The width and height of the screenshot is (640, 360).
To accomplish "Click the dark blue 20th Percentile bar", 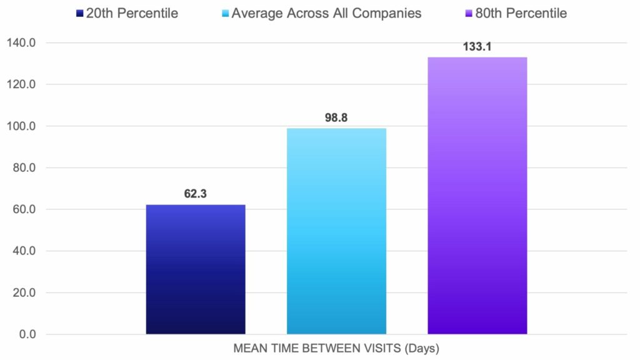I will [x=196, y=269].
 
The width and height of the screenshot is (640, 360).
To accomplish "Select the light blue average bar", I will [x=336, y=231].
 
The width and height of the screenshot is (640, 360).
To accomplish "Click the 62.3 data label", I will [x=196, y=194].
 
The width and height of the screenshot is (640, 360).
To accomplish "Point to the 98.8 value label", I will [x=336, y=117].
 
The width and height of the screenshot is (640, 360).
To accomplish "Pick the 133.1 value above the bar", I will [x=477, y=46].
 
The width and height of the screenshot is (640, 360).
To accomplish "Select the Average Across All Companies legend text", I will [x=326, y=13].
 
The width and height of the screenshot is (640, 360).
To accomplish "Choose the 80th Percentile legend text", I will [x=521, y=13].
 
